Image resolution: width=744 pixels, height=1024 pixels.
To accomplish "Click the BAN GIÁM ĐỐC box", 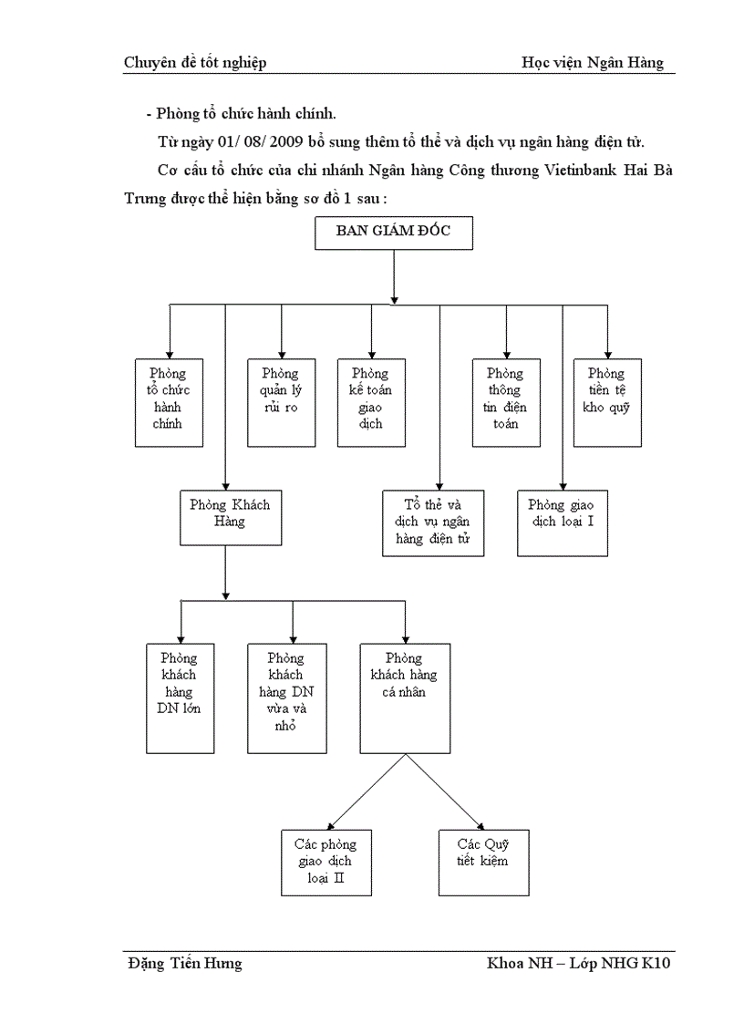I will coord(394,233).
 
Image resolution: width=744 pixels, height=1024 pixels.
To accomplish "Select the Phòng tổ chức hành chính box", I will coord(169,402).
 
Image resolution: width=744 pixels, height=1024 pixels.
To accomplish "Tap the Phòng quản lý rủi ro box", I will coord(281,402).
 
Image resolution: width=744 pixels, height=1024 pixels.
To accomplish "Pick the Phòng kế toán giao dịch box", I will coord(370,402).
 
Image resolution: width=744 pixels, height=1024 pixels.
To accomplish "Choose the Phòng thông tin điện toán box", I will coord(505,402).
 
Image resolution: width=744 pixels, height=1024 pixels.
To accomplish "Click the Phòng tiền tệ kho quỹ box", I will coord(606,402).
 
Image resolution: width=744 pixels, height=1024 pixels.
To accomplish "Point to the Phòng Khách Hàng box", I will coord(230,517).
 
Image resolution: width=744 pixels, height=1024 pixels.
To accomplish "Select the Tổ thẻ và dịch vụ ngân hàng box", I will coord(433,523).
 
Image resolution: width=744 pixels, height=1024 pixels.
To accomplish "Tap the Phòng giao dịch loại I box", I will coord(563,523).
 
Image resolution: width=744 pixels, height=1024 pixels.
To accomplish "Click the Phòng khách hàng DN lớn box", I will coord(181,698).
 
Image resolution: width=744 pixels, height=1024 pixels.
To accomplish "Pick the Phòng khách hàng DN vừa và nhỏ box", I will coord(286,698).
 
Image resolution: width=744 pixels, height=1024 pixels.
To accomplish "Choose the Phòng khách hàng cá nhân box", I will coord(405,698).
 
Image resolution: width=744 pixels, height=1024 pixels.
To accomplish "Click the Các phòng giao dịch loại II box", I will coord(325,862).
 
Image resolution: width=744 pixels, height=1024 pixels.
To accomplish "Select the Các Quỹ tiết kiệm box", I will coord(483,862).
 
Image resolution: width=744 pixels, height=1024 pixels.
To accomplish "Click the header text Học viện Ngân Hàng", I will coord(593,63).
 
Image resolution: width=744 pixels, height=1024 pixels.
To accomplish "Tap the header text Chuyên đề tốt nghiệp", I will coord(195,63).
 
